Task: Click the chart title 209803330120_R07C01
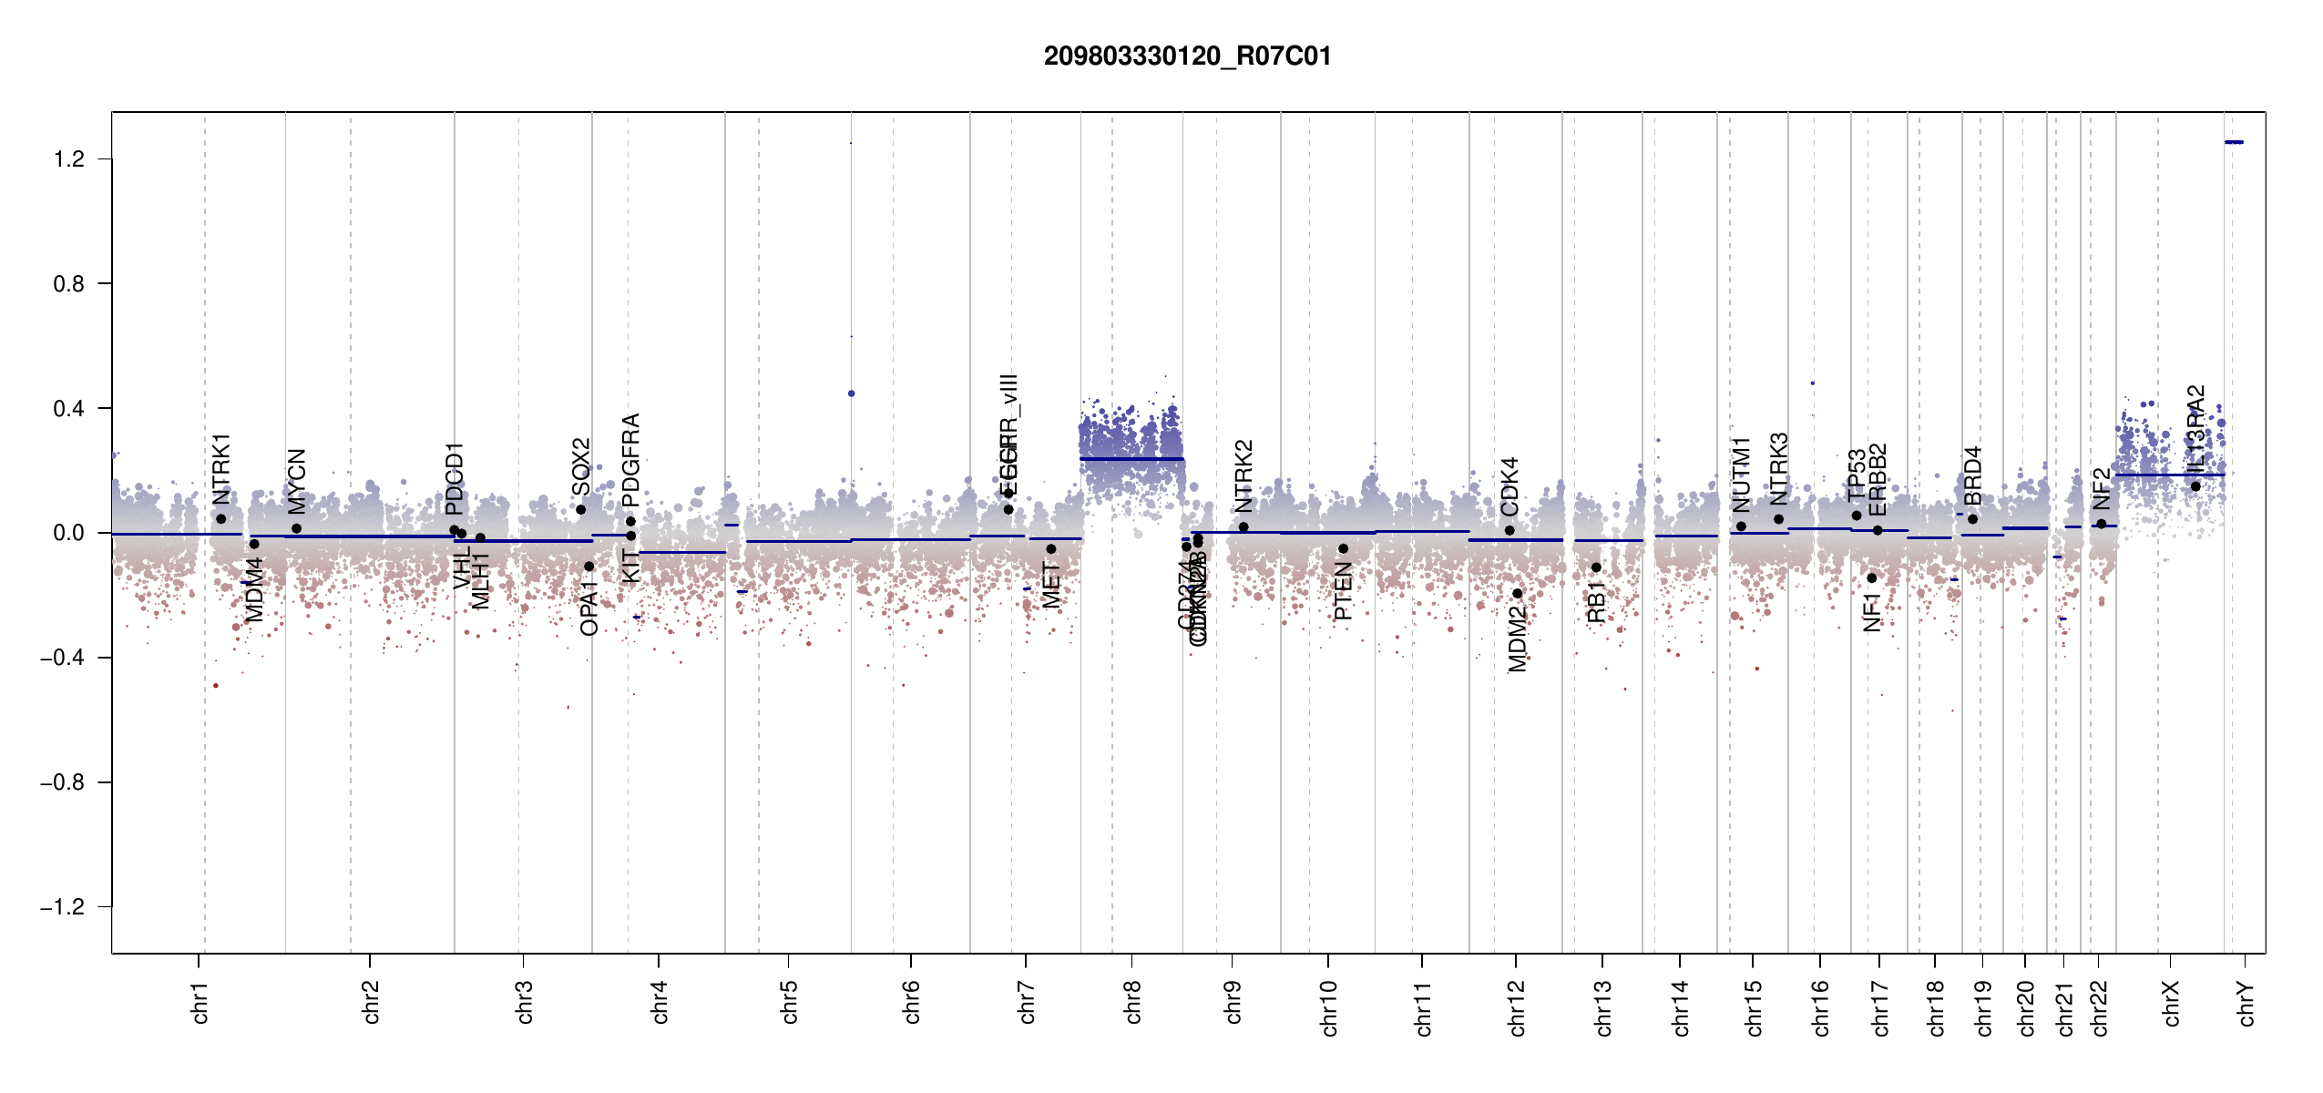[1187, 56]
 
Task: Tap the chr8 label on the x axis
[1132, 1002]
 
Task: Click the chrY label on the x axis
[2246, 1003]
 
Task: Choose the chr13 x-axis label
[1603, 1007]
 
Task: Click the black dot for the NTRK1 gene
[220, 519]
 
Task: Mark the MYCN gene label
[297, 481]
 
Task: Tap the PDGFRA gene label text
[630, 460]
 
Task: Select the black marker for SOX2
[581, 510]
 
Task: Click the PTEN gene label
[1343, 591]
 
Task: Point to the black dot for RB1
[1596, 567]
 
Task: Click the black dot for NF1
[1872, 577]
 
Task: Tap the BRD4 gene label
[1972, 476]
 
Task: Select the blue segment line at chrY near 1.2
[2234, 142]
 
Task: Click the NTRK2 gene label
[1244, 476]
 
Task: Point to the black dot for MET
[1051, 549]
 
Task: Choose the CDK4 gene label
[1509, 486]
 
